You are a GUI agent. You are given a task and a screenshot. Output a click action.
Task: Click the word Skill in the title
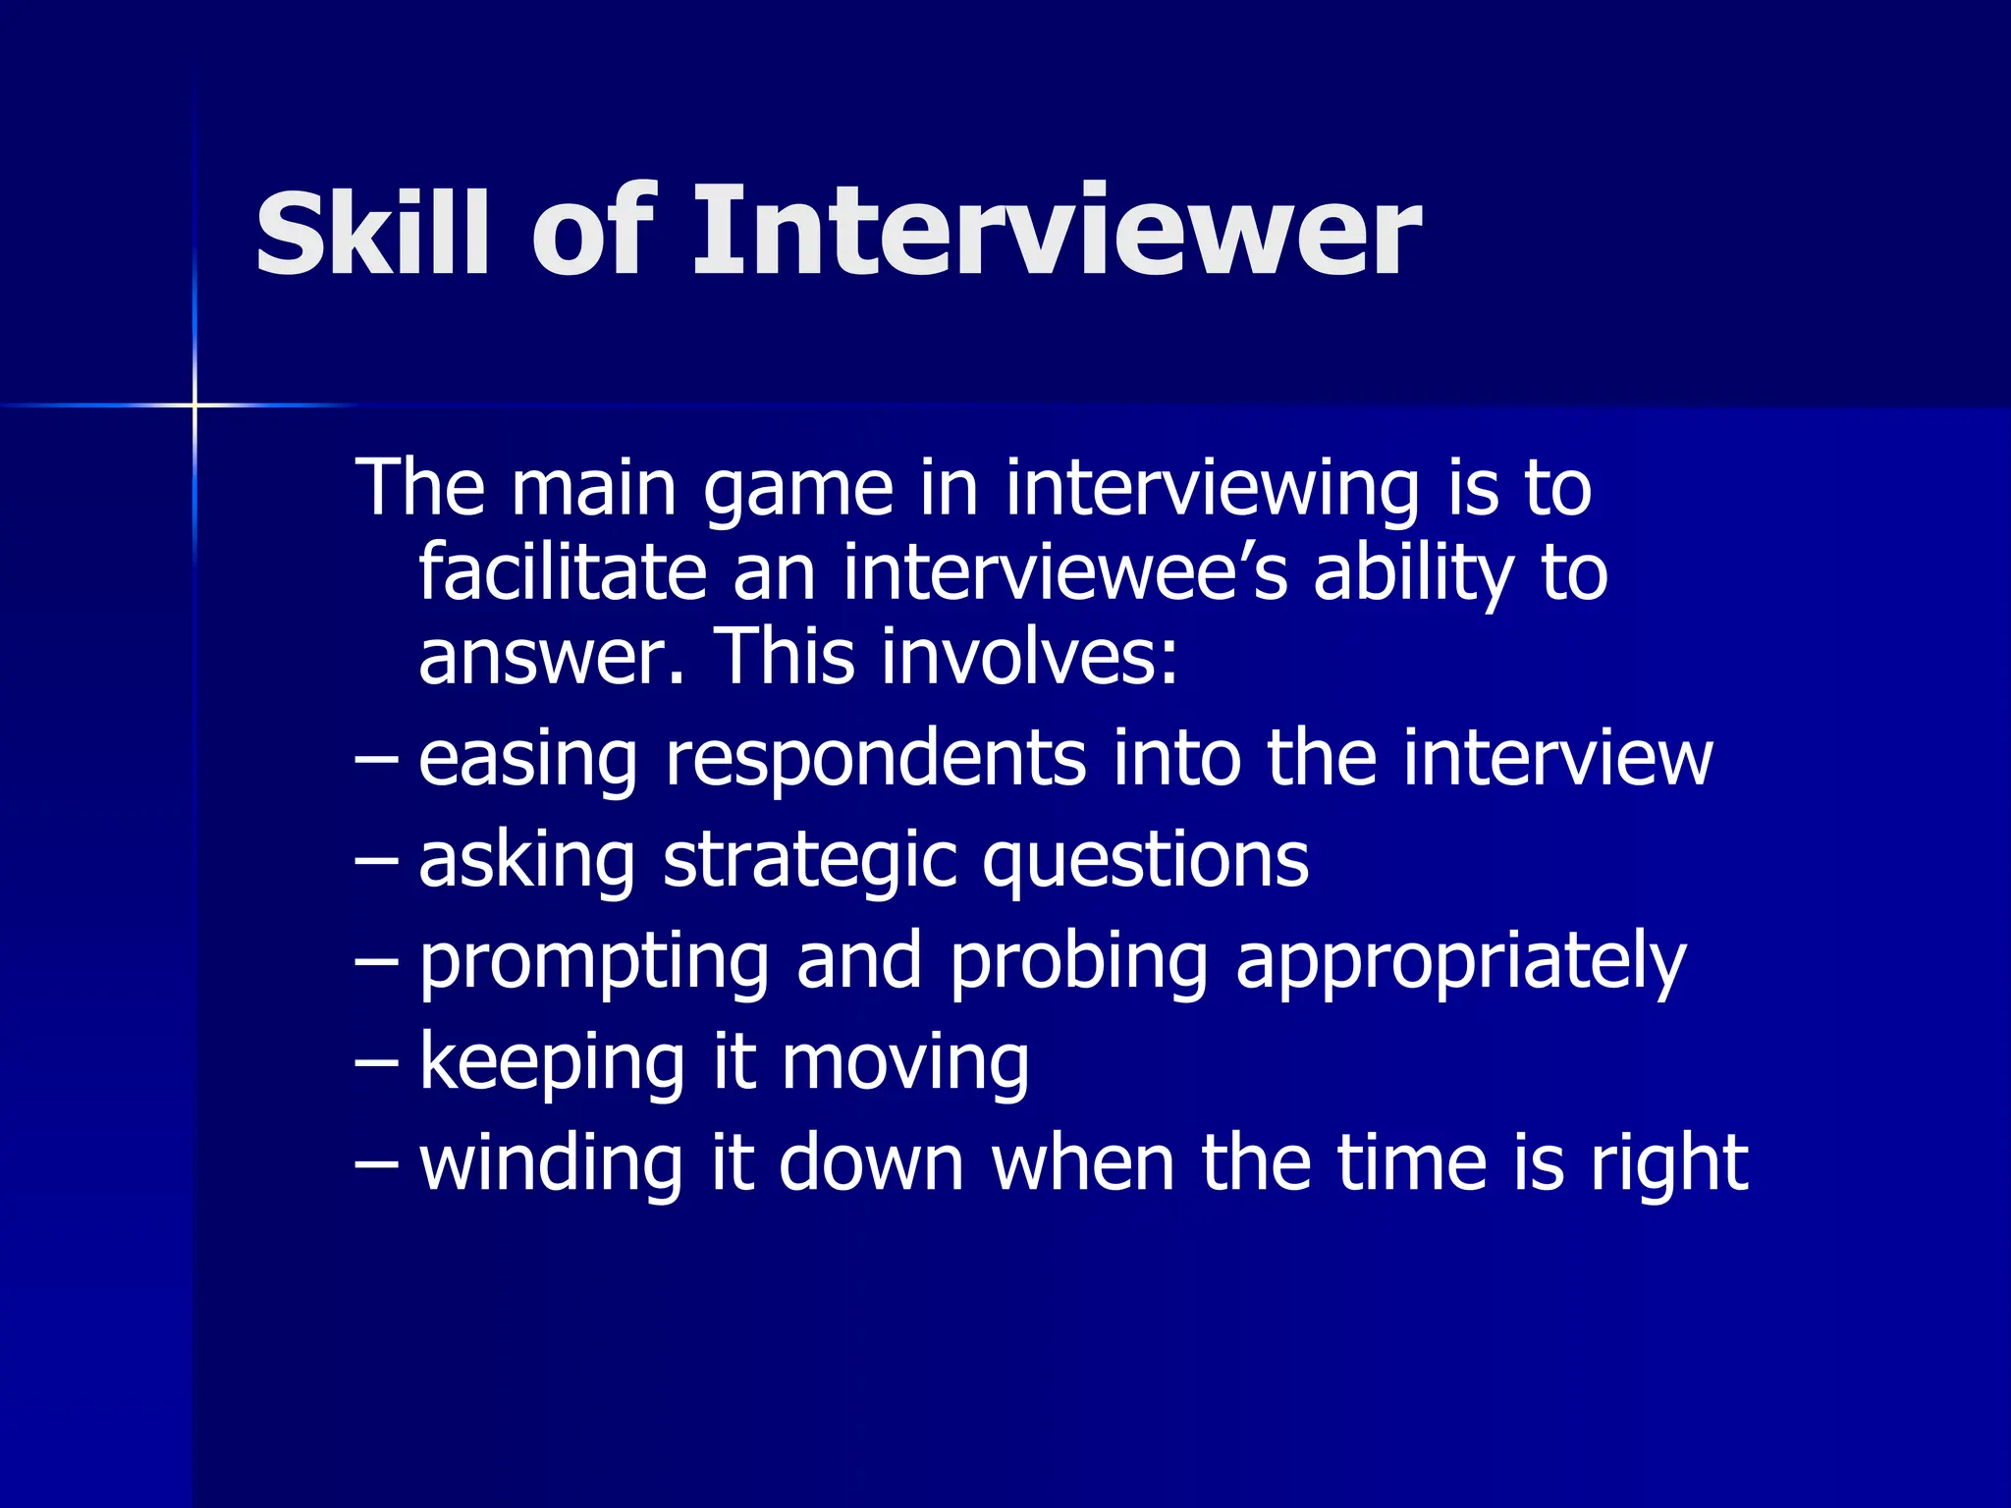pos(372,232)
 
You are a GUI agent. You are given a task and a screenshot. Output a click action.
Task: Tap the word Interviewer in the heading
pos(1057,232)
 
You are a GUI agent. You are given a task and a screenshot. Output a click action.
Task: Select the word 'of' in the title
pos(593,232)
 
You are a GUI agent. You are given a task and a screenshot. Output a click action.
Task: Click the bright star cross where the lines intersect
pos(194,404)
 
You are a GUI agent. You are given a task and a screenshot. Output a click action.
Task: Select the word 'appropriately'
pos(1460,963)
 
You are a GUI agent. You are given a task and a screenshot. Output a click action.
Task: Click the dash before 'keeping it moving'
pos(376,1062)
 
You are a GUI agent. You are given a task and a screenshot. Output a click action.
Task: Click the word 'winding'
pos(550,1163)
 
